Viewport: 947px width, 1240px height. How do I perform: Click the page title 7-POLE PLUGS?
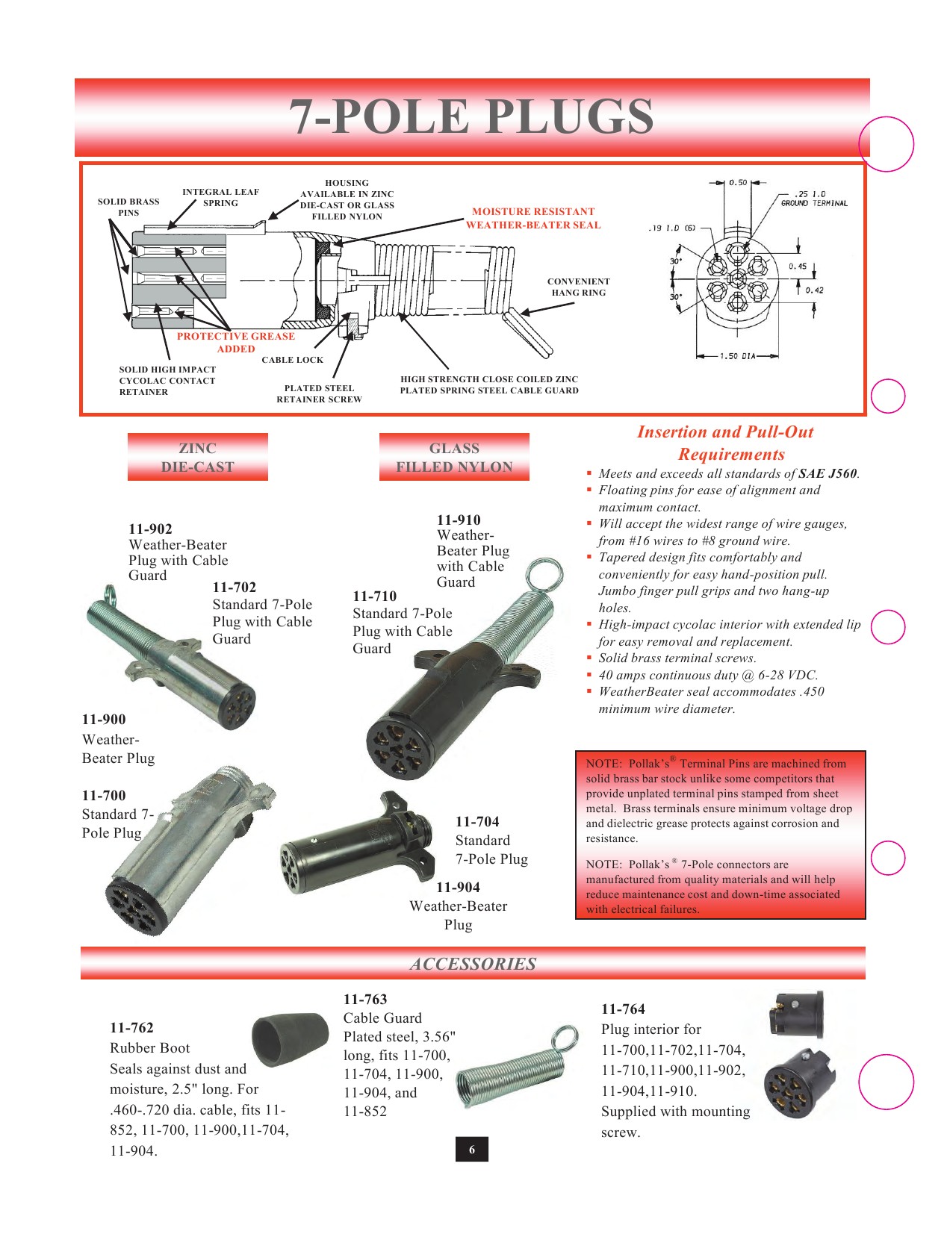[x=471, y=117]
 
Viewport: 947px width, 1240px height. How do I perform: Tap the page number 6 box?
[x=471, y=1150]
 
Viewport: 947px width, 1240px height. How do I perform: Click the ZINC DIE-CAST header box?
[x=197, y=457]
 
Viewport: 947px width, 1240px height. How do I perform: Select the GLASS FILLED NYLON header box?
[x=454, y=457]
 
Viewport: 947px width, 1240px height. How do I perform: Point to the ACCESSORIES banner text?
[x=473, y=964]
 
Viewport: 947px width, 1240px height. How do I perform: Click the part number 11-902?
[x=150, y=529]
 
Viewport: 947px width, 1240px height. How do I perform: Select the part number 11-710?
[x=374, y=596]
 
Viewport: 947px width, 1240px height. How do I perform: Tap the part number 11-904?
[x=458, y=887]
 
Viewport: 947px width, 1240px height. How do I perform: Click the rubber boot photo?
[x=290, y=1040]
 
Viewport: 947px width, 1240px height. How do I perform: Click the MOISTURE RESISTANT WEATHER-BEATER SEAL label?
[x=533, y=218]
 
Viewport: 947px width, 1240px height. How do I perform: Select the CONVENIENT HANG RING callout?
[x=578, y=287]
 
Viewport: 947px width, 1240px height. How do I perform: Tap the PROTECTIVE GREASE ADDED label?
[x=235, y=342]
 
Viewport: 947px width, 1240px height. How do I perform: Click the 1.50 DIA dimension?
[x=738, y=356]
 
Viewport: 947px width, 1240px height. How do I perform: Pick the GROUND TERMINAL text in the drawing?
[x=814, y=203]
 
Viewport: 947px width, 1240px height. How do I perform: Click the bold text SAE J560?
[x=828, y=473]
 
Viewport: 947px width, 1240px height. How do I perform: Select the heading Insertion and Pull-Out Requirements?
[x=725, y=443]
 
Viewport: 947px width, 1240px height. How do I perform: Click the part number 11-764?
[x=623, y=1009]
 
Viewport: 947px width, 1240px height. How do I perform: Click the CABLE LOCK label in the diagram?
[x=292, y=360]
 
